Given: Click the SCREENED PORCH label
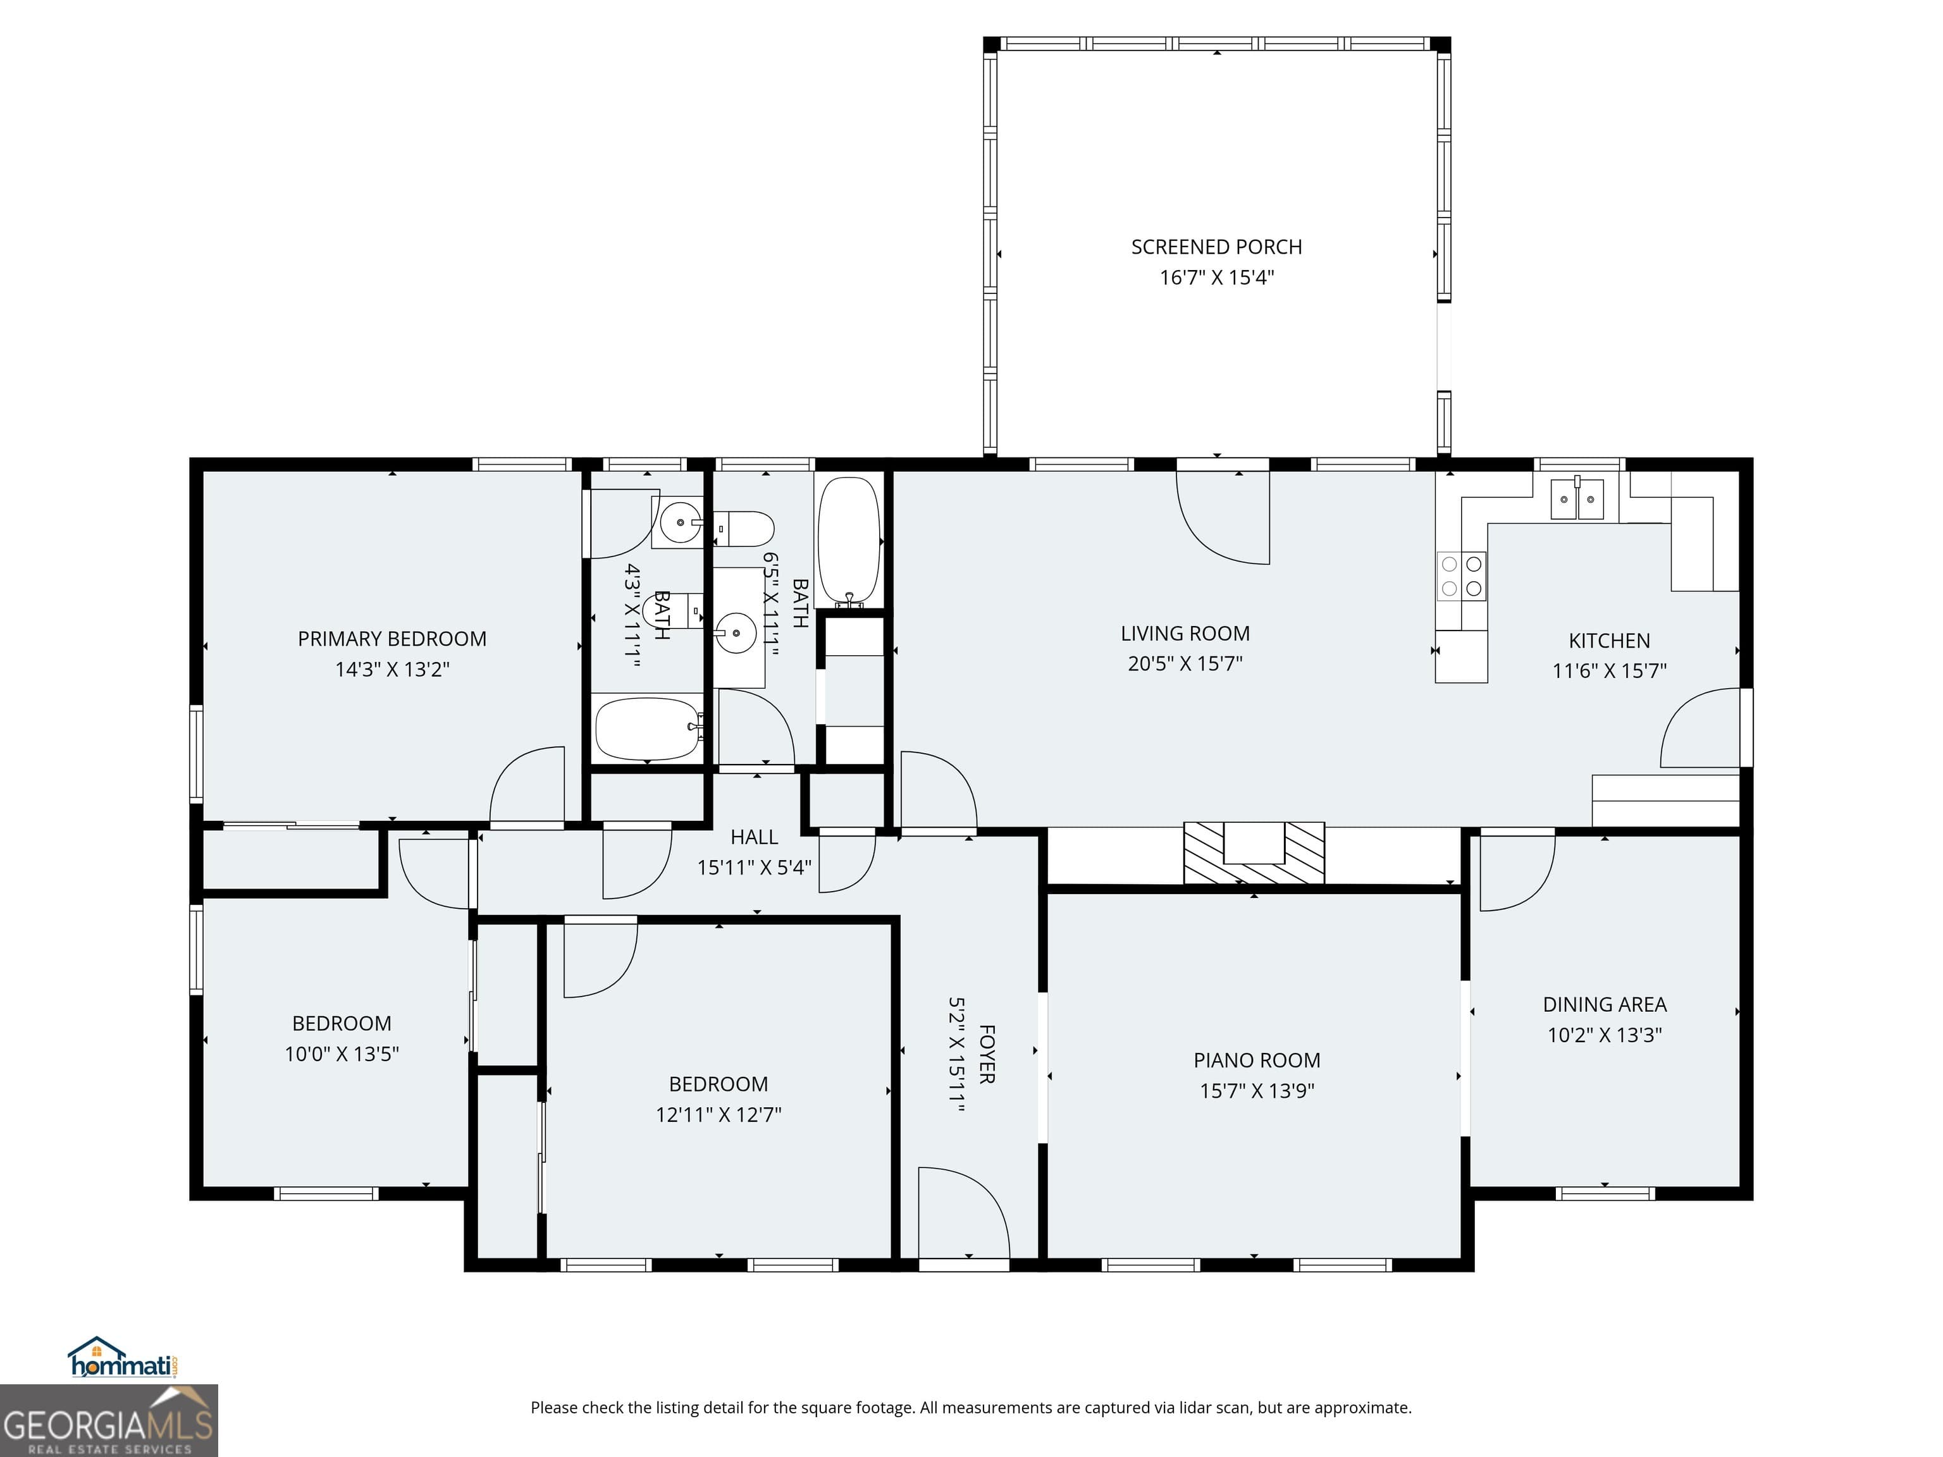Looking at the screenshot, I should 1216,247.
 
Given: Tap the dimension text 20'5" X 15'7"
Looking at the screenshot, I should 1185,663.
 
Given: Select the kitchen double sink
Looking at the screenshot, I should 1577,501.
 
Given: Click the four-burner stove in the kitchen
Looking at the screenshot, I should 1462,576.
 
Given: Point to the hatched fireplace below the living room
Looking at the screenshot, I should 1254,853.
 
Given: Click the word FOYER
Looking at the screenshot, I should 987,1054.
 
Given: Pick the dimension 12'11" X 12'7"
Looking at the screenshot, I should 718,1114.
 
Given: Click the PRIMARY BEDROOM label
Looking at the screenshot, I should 392,639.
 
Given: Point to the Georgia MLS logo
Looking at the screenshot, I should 108,1420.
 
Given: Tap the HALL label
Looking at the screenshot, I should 754,837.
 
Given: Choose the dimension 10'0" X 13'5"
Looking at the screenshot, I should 341,1054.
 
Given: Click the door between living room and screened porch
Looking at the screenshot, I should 1223,518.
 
